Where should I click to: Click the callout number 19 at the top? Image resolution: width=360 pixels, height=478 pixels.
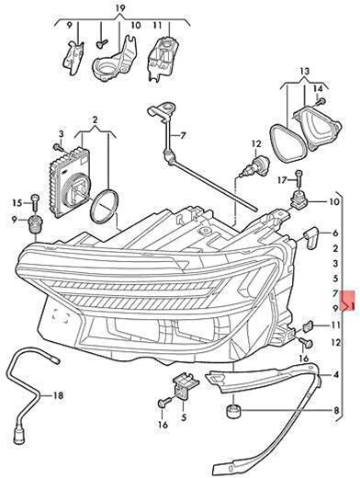120,8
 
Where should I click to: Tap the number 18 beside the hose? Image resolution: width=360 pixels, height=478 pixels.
58,395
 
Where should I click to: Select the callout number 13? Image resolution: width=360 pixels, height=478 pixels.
305,72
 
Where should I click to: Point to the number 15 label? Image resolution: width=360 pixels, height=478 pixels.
17,202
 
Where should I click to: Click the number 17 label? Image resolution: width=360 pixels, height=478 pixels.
283,180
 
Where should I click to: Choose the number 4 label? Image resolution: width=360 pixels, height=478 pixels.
336,374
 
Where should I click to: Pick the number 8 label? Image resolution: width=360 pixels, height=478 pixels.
336,410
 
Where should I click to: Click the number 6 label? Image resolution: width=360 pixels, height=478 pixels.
335,233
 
